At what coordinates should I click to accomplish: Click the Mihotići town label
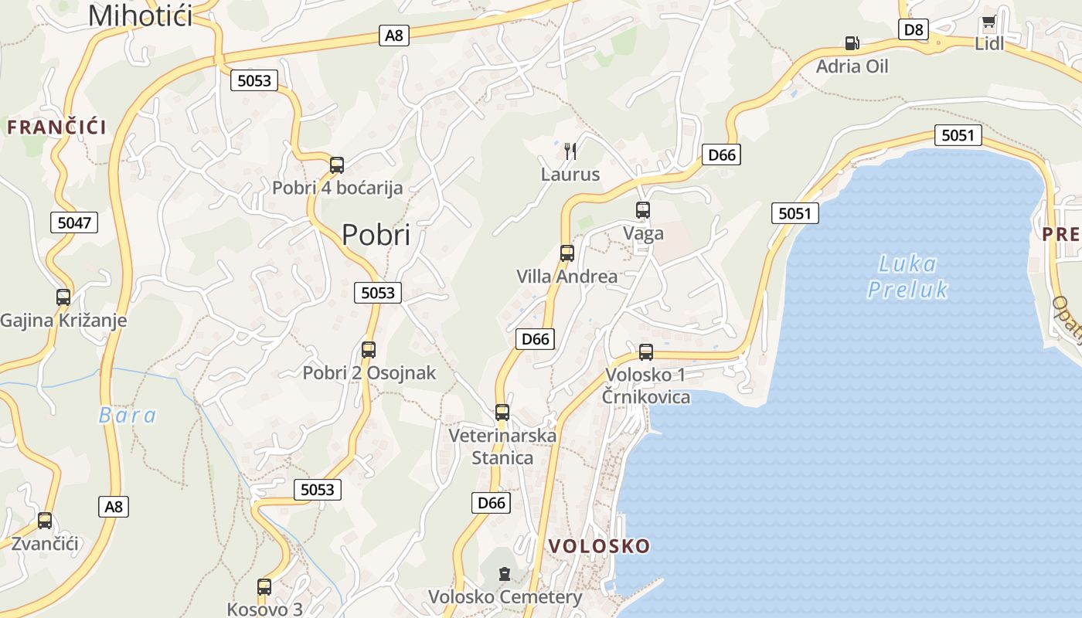[x=140, y=15]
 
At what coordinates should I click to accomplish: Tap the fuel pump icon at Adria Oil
[x=852, y=43]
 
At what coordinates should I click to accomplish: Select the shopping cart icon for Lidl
[x=988, y=22]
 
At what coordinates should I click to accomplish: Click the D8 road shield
[x=914, y=29]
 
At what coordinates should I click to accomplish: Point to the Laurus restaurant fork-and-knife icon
[x=570, y=151]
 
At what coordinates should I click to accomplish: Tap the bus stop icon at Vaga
[x=643, y=209]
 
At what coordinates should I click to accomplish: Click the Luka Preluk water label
[x=907, y=277]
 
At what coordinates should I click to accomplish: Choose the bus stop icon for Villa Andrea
[x=567, y=253]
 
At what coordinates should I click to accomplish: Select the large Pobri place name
[x=376, y=235]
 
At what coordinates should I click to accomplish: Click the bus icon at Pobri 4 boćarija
[x=337, y=165]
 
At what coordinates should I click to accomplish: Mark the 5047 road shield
[x=75, y=223]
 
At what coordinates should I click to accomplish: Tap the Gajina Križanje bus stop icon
[x=63, y=297]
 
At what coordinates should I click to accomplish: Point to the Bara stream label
[x=128, y=416]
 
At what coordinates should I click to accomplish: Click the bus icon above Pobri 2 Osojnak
[x=369, y=349]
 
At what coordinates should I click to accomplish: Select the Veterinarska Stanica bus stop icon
[x=502, y=412]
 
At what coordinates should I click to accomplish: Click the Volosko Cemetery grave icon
[x=505, y=573]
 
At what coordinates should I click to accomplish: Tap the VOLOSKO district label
[x=599, y=546]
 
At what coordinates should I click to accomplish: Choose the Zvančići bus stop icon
[x=45, y=520]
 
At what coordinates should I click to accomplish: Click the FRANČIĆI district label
[x=56, y=127]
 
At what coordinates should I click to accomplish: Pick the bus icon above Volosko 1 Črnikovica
[x=646, y=352]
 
